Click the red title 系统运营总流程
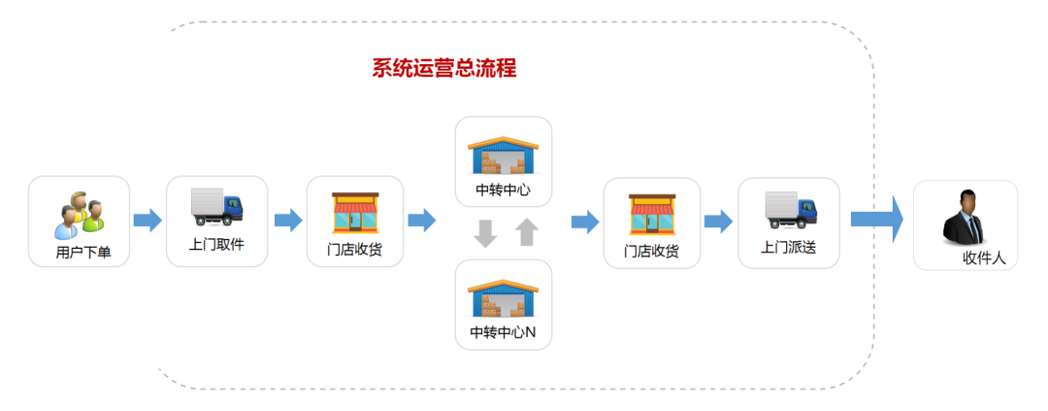tap(443, 68)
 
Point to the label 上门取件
tap(216, 244)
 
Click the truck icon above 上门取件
tap(217, 205)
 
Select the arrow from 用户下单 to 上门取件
tap(147, 221)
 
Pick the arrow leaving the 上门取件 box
tap(288, 221)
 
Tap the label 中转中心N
tap(503, 332)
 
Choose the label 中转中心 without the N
tap(503, 189)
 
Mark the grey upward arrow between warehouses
tap(525, 232)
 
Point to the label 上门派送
tap(788, 247)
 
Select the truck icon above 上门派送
tap(790, 209)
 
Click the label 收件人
tap(983, 257)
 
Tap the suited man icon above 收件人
tap(965, 217)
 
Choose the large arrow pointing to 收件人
tap(877, 219)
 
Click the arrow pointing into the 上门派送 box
tap(718, 221)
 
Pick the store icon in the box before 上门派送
tap(652, 214)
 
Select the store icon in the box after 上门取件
tap(355, 214)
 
